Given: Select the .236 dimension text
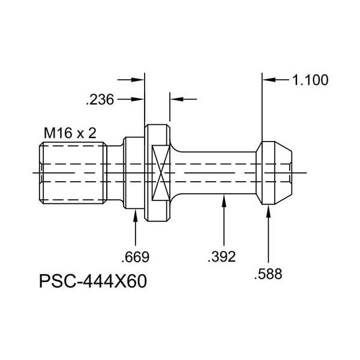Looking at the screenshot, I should tap(99, 98).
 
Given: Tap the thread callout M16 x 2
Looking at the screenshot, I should tap(70, 133).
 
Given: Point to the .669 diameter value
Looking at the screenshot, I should tap(135, 257).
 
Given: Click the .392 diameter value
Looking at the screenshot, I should tap(221, 257).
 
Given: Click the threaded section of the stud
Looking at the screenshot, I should tap(73, 173).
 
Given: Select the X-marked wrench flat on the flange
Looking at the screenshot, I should tap(159, 173).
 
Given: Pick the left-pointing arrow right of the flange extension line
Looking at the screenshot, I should tap(177, 98).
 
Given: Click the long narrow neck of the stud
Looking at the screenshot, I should tap(216, 173).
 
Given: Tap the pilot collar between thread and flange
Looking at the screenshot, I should tap(133, 173).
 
